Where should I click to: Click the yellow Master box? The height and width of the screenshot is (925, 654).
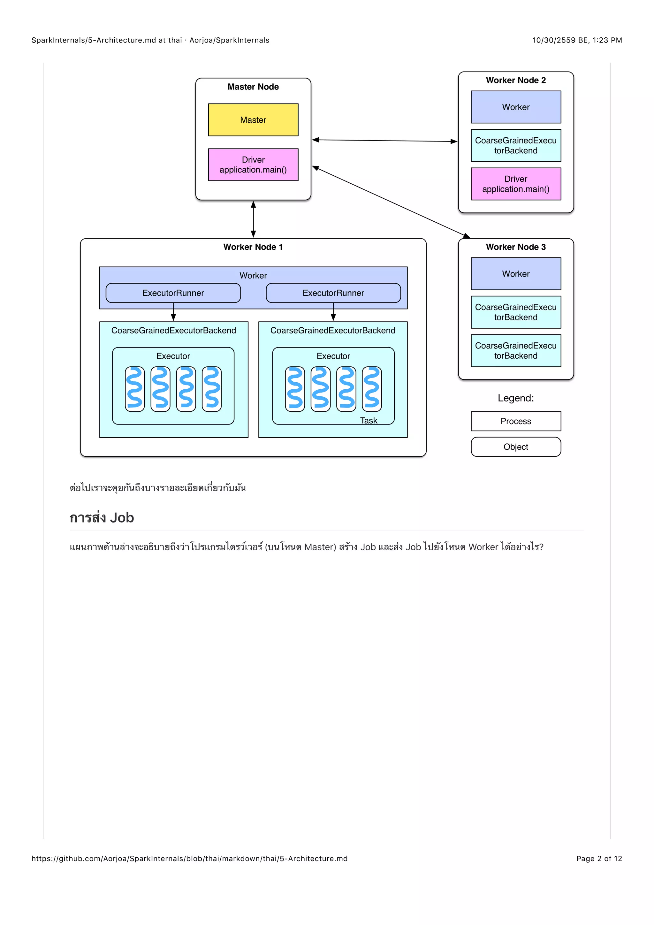253,120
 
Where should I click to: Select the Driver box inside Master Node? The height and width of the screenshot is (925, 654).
253,164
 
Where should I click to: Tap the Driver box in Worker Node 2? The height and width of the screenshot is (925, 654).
515,184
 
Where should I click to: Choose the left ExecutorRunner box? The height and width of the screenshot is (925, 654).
173,293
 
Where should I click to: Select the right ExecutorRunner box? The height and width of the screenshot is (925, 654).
333,293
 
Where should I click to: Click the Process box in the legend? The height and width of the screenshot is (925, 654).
515,421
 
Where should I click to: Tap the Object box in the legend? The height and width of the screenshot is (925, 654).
515,447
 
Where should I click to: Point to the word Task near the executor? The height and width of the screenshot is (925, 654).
369,420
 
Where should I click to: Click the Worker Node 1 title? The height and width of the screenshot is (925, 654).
253,247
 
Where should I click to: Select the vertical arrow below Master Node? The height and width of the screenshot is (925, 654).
253,219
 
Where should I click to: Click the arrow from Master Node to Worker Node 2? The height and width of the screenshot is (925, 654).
384,141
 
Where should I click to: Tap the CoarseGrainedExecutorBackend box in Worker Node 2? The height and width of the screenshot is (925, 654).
515,145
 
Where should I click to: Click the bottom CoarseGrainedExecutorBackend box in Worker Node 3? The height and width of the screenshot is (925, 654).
515,350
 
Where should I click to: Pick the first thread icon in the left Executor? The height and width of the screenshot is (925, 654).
134,389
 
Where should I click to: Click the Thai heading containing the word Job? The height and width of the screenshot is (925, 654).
102,518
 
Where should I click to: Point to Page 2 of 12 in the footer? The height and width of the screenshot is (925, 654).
599,859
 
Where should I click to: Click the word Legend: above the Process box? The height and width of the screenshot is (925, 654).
515,398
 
